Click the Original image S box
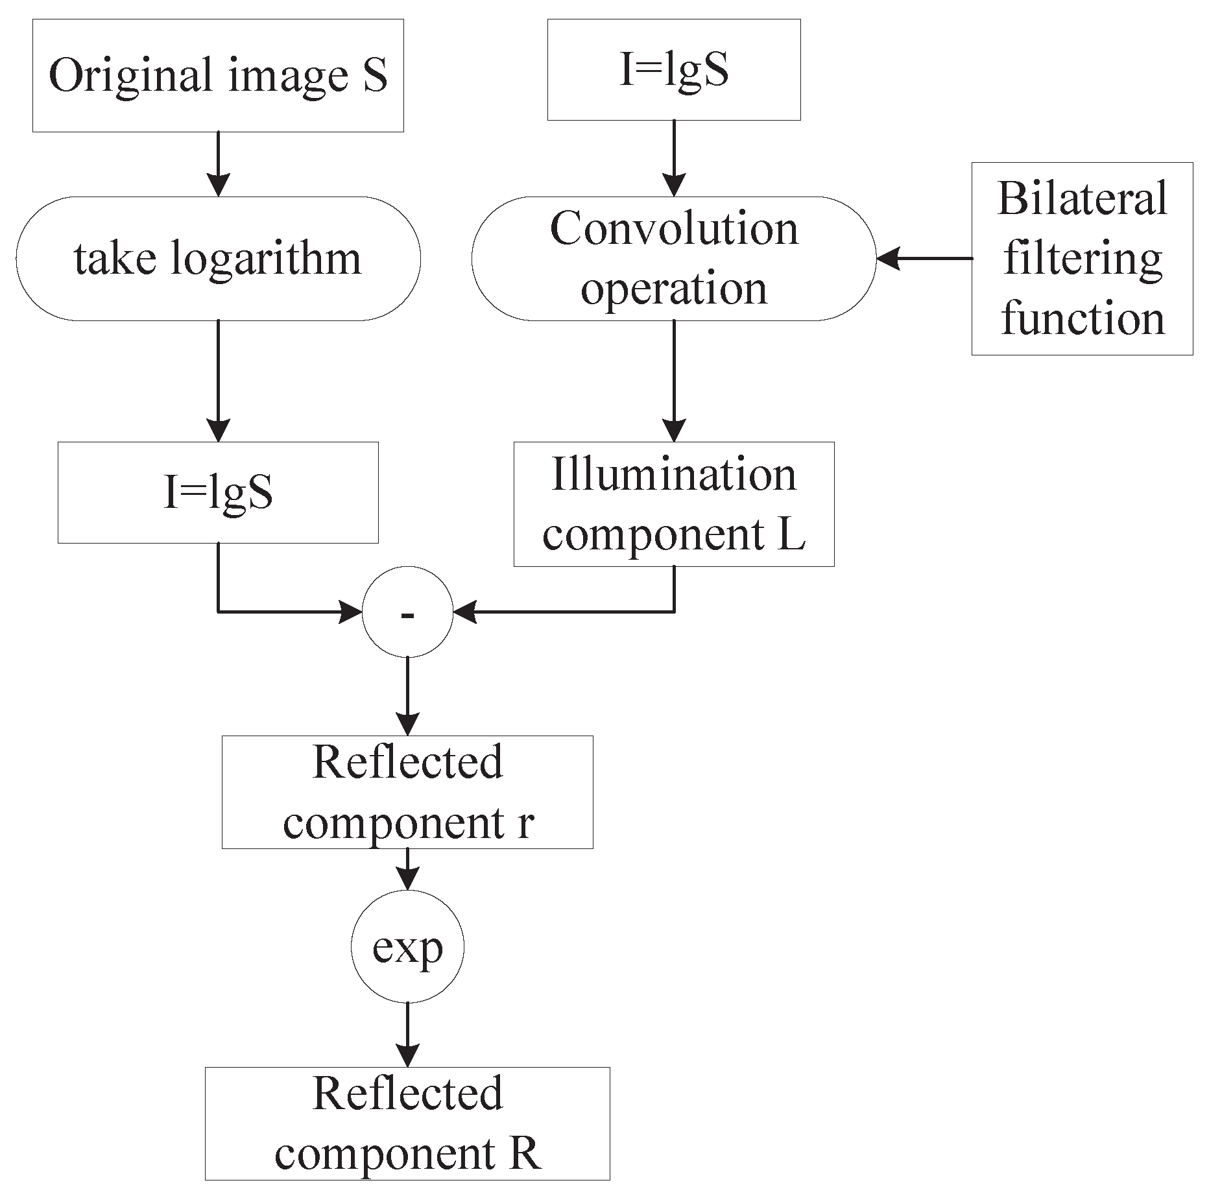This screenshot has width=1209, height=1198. (218, 75)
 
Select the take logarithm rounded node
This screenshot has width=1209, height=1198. (218, 258)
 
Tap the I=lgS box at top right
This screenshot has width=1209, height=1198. (673, 69)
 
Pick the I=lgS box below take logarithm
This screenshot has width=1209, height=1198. (218, 492)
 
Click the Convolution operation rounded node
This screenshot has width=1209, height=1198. (673, 258)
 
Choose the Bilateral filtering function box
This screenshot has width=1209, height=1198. (1082, 258)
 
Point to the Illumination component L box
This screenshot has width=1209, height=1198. (673, 504)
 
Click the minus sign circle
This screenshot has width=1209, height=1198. (407, 612)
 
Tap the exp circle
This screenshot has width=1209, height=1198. (407, 948)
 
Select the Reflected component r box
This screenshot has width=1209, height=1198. (407, 792)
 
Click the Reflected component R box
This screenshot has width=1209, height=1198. (407, 1123)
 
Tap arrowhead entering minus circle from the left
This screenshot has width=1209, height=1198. (351, 612)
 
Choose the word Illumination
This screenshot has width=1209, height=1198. (673, 474)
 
